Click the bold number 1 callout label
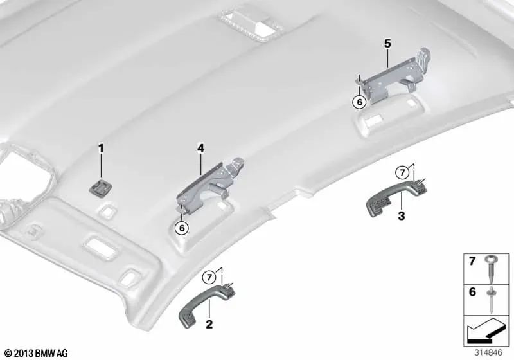coord(101,148)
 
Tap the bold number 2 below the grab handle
coord(209,324)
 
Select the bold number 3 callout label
coord(401,216)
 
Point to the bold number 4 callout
coord(200,148)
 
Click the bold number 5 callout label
coord(388,43)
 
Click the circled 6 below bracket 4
coord(182,227)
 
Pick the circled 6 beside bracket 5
coord(360,102)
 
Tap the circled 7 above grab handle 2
coord(209,278)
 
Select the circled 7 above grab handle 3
coord(402,172)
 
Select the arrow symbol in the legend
coord(484,330)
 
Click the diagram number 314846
coord(488,352)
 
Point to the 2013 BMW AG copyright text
coord(36,353)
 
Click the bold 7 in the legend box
coord(472,261)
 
